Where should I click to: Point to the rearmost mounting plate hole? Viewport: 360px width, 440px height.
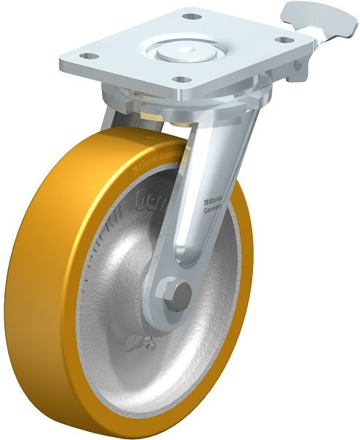(x=191, y=16)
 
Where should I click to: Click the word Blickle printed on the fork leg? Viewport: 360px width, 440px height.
(x=213, y=199)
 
